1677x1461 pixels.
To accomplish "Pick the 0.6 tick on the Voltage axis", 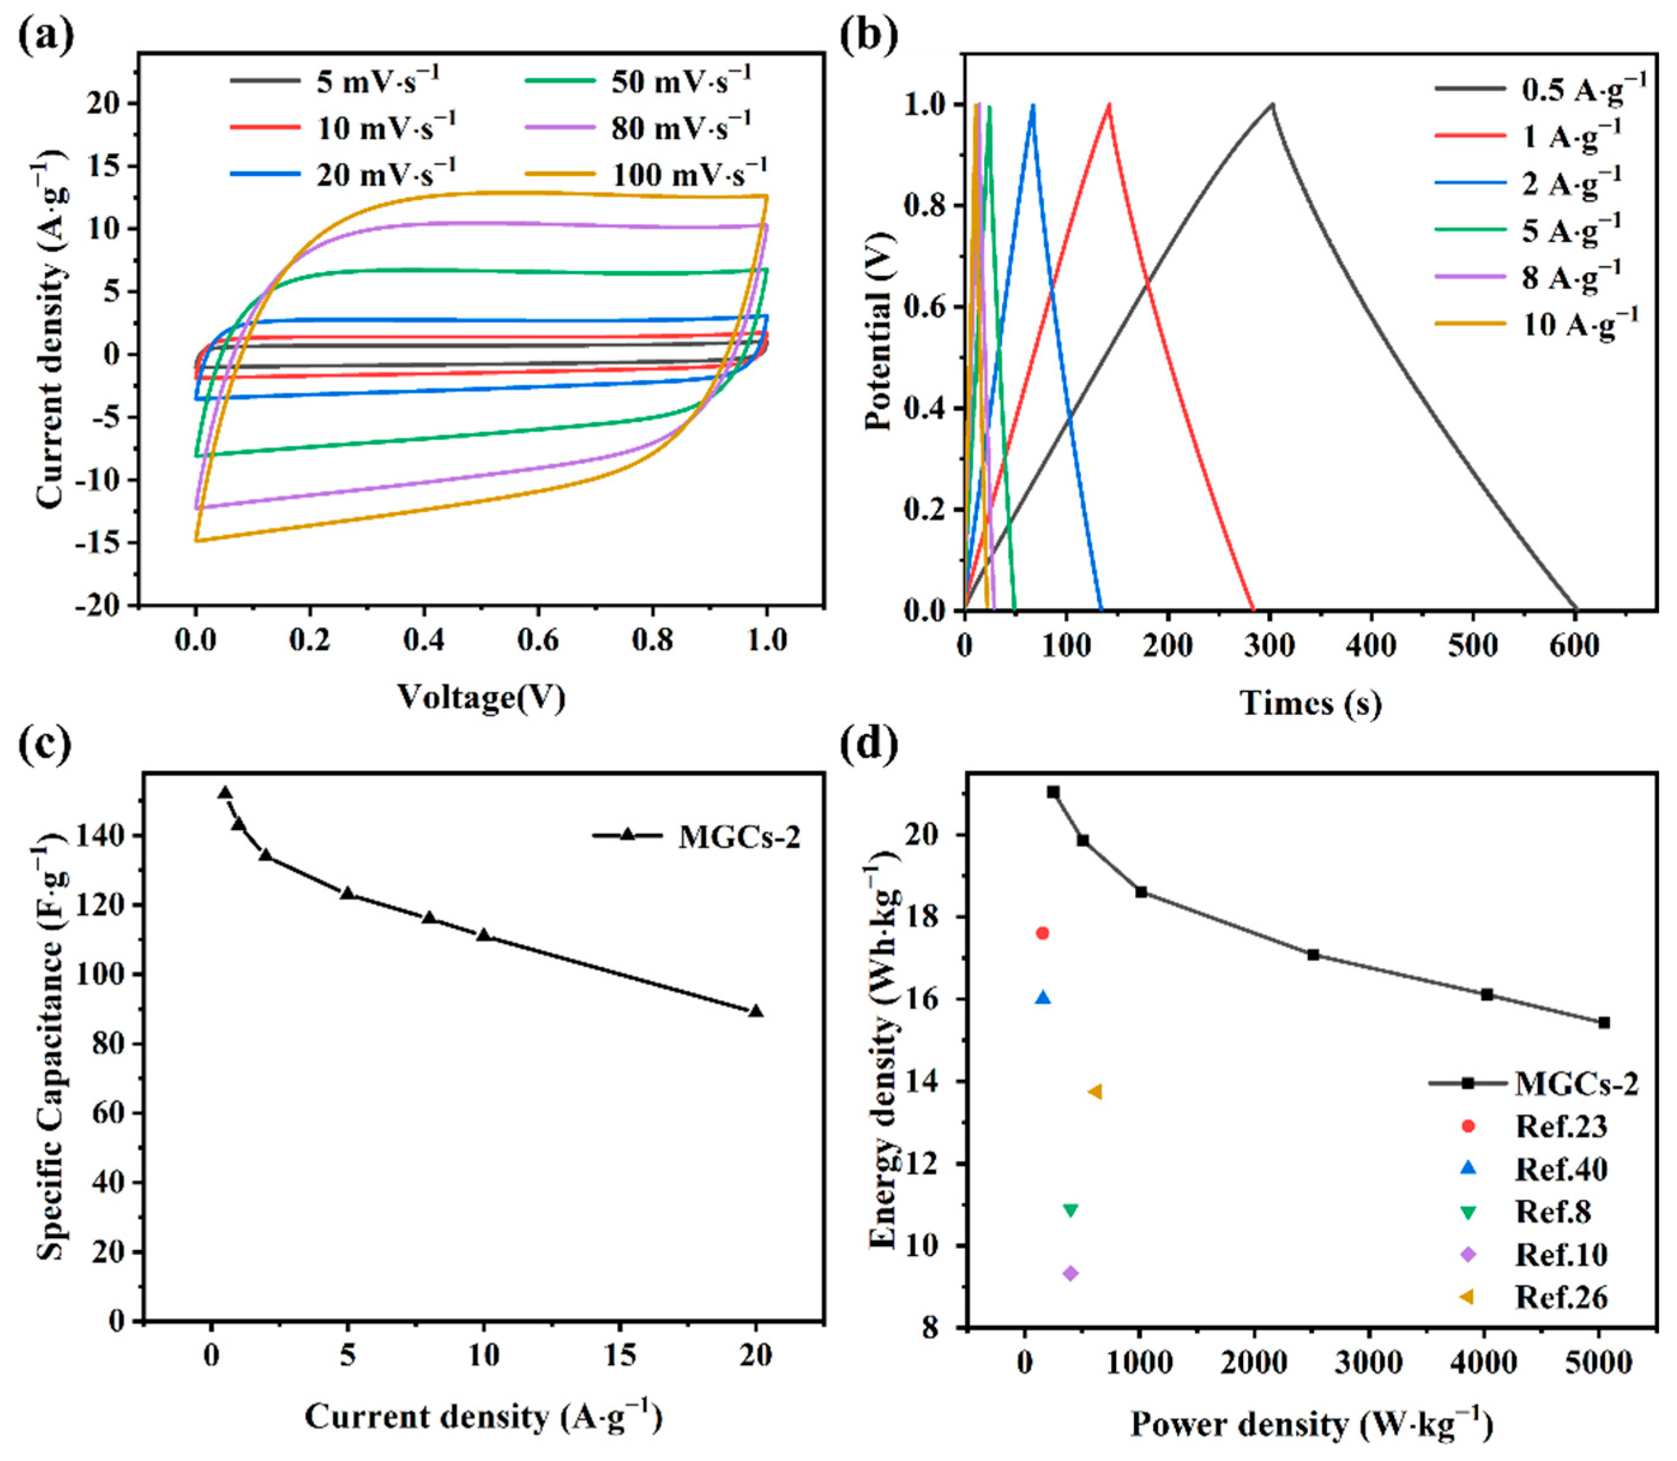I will click(537, 640).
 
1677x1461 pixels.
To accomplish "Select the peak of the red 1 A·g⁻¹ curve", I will click(1109, 104).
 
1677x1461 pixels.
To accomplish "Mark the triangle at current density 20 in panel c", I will click(756, 1012).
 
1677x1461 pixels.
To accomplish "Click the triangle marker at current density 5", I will click(347, 893).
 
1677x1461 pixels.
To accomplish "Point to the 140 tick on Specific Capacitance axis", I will click(104, 836).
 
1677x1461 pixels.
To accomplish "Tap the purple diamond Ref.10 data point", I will click(1071, 1273).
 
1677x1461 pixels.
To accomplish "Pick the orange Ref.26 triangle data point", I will click(1095, 1092).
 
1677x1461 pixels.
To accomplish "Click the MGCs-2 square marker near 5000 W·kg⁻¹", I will click(1604, 1022).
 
